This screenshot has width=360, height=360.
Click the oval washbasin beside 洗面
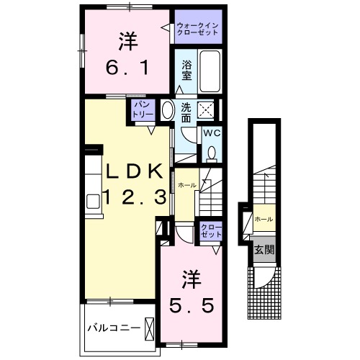coord(167,111)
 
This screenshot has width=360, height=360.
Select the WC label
coord(212,133)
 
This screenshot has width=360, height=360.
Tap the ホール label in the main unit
coord(187,185)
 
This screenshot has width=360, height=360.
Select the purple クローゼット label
coord(210,231)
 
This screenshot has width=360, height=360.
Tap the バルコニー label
coord(113,328)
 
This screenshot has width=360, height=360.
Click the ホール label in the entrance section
coord(264,218)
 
